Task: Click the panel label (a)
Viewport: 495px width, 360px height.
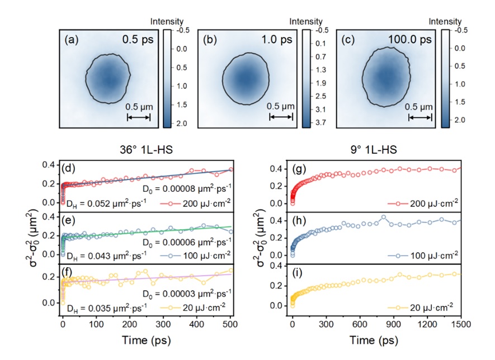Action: [72, 40]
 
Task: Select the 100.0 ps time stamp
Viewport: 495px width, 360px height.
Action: [412, 41]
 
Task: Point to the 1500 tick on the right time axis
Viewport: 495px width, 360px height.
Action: [461, 324]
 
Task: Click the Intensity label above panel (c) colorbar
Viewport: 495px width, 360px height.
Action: [441, 22]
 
